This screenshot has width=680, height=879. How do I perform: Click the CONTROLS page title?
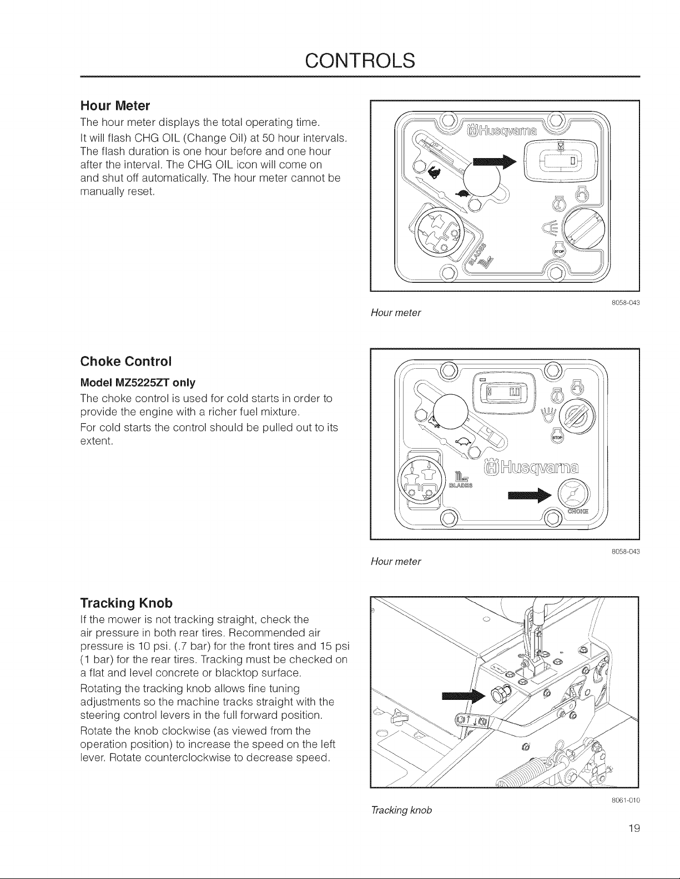click(x=360, y=60)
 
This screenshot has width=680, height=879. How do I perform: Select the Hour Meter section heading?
click(x=115, y=106)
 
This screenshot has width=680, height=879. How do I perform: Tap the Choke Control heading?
click(x=126, y=361)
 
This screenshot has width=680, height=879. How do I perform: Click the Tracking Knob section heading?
click(x=127, y=603)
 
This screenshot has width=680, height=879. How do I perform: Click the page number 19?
click(x=634, y=829)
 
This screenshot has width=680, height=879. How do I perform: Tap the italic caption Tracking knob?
click(x=401, y=810)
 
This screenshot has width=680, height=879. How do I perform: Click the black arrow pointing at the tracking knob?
click(x=463, y=696)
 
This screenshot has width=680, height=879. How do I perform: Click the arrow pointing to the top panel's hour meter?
click(x=495, y=162)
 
